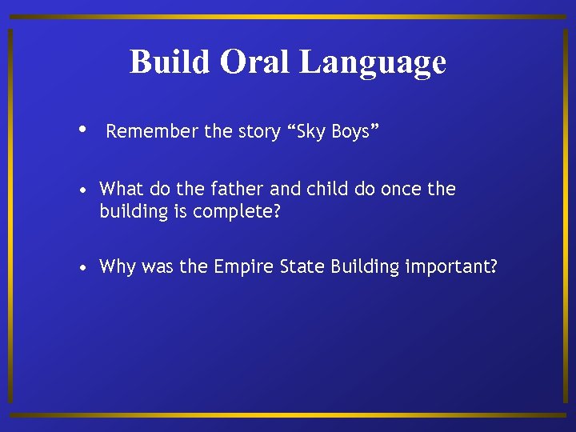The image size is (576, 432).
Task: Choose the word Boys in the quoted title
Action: click(x=353, y=132)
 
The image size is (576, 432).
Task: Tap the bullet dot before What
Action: click(x=83, y=190)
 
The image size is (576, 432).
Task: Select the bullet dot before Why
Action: click(x=83, y=267)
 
